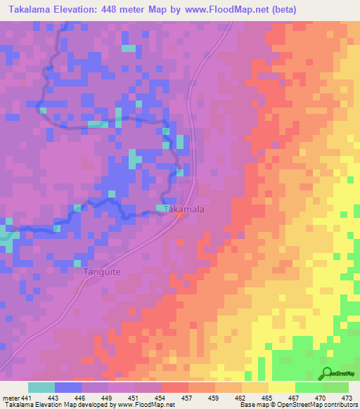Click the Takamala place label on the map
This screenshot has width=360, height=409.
coord(184,209)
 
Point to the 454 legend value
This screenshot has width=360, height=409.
coord(161,398)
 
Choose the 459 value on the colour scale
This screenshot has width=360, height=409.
coord(214,398)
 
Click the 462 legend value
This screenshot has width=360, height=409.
coord(241,398)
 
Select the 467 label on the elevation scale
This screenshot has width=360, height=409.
coord(294,398)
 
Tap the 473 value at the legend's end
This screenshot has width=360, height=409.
coord(347,398)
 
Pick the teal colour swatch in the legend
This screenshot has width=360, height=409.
coord(41,387)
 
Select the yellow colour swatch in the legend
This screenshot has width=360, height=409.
coord(281,387)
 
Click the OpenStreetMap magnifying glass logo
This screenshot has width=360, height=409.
coord(327,372)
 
